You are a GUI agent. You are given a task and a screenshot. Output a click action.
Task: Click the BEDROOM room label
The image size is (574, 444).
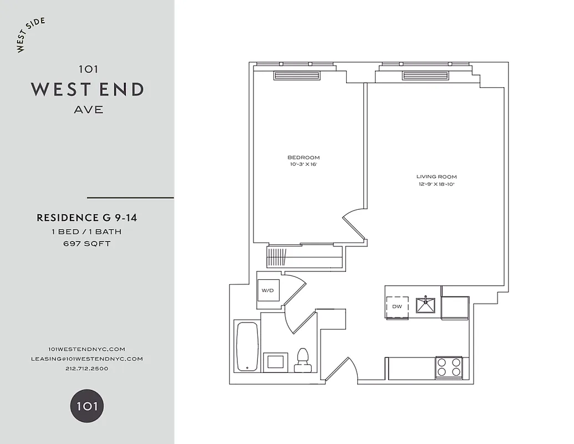point(303,157)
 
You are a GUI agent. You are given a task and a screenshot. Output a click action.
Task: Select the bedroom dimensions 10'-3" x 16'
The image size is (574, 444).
point(303,164)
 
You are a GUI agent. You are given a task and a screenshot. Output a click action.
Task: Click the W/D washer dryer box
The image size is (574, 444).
point(267,290)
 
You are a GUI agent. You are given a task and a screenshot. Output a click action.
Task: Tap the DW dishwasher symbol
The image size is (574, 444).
point(397,306)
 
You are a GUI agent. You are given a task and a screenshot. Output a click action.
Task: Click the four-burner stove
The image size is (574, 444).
point(449,367)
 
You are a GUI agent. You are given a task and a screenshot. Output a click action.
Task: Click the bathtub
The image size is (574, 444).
point(246,347)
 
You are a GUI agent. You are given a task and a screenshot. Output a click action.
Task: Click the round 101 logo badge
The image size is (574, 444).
point(87,406)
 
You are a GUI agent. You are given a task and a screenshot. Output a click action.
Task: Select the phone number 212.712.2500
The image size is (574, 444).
point(87,369)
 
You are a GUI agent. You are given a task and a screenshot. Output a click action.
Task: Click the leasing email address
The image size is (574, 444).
point(87,359)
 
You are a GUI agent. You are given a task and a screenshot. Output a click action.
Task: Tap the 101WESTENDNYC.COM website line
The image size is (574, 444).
point(87,349)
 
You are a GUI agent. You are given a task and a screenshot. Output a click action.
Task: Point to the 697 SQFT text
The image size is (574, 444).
point(87,244)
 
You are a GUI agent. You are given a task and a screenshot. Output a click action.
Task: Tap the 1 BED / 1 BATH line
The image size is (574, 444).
point(87,231)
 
